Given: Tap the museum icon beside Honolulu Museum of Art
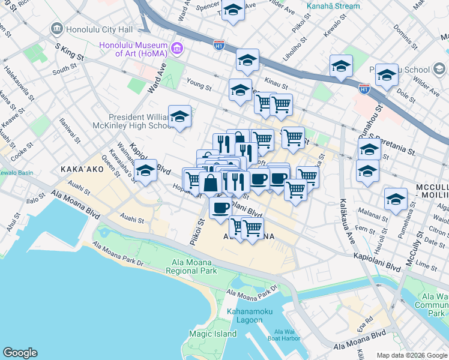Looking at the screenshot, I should tap(176, 47).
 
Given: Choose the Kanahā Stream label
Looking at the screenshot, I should tap(333, 6).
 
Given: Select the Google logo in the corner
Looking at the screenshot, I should tap(20, 353).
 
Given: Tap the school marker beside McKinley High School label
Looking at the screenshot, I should tap(179, 116).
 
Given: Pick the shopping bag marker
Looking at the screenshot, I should tap(211, 183).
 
